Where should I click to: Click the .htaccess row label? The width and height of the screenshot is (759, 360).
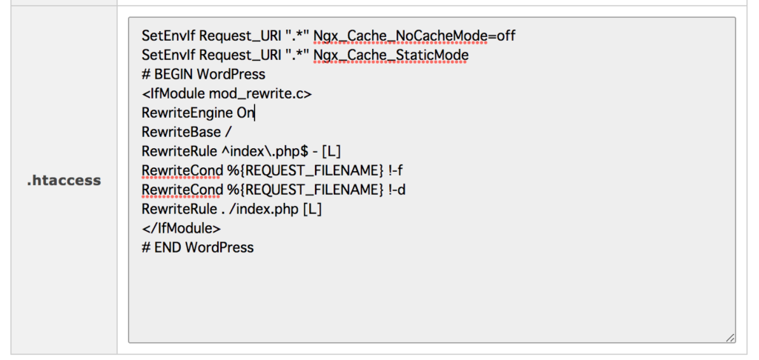64,181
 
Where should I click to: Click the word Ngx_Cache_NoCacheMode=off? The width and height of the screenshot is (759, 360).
414,36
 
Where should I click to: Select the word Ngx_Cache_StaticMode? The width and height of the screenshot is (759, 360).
391,56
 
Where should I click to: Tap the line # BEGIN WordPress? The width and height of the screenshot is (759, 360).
204,75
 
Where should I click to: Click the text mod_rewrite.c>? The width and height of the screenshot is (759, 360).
260,94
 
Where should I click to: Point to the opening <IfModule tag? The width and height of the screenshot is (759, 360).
173,94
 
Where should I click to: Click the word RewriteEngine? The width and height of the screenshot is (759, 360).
188,113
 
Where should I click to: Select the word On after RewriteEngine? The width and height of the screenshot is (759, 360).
245,113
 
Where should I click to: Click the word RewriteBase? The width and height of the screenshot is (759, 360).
181,132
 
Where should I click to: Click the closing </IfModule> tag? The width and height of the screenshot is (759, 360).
181,228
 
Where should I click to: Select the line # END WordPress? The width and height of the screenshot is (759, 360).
197,247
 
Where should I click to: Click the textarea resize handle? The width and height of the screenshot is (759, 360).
730,338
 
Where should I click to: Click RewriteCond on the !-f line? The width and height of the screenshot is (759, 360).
182,171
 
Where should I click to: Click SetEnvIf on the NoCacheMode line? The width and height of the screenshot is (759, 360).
169,36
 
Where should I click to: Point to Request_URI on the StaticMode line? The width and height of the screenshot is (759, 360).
241,56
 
